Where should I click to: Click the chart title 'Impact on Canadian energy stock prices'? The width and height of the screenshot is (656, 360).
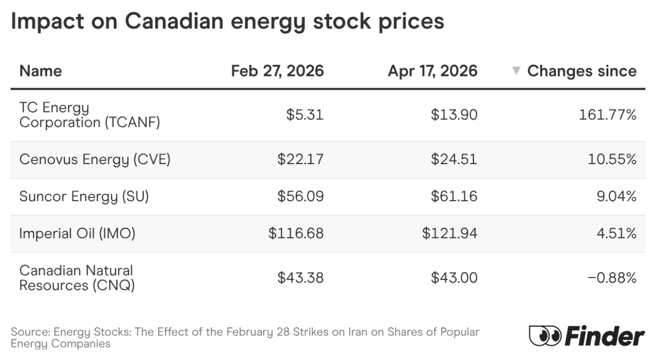[x=227, y=22]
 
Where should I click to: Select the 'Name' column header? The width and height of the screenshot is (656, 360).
[x=40, y=71]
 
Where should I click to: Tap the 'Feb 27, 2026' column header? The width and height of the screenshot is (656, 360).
[x=277, y=71]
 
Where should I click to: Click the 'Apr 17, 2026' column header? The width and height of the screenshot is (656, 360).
[x=433, y=71]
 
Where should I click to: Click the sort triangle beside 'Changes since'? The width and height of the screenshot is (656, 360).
[x=517, y=71]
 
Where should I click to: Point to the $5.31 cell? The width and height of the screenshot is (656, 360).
[x=305, y=115]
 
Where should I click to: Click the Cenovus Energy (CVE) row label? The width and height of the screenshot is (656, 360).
[x=95, y=159]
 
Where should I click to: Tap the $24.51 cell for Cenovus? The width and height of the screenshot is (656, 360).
[x=454, y=159]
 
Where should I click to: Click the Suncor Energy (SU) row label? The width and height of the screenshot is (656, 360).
[x=84, y=196]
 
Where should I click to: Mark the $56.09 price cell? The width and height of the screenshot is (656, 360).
[x=300, y=196]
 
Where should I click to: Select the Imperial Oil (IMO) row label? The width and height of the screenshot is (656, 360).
[x=77, y=234]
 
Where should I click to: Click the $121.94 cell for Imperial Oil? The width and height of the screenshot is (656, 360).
[x=449, y=234]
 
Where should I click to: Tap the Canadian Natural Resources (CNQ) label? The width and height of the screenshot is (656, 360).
[x=77, y=278]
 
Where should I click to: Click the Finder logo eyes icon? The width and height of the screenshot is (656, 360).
[x=545, y=336]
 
